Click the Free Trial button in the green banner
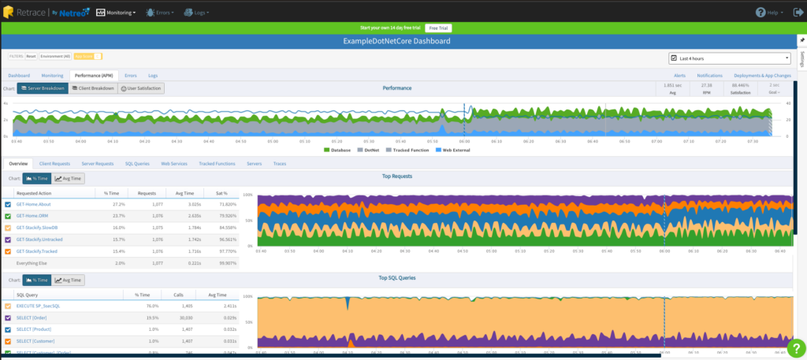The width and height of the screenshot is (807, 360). click(438, 28)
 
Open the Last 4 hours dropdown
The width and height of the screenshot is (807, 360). click(729, 58)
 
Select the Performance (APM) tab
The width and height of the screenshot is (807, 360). click(93, 76)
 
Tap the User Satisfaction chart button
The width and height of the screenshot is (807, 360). click(141, 88)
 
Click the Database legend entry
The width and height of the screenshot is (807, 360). click(340, 149)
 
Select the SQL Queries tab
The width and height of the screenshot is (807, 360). click(137, 163)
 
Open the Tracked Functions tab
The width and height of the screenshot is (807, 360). click(217, 163)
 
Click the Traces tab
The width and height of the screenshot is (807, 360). click(279, 163)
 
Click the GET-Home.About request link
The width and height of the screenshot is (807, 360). click(34, 204)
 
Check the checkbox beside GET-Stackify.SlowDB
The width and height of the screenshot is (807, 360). click(8, 227)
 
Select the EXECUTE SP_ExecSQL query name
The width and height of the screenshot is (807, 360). click(38, 306)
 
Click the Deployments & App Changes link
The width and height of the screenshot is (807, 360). click(762, 76)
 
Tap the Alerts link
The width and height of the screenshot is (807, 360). click(679, 76)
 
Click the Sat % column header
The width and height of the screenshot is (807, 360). click(221, 192)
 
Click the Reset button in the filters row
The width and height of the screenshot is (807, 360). click(31, 56)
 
